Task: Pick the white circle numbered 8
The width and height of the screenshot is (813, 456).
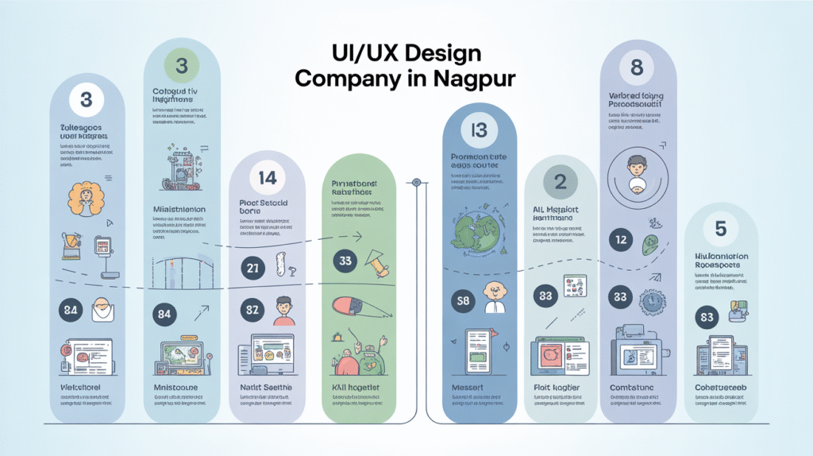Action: point(637,68)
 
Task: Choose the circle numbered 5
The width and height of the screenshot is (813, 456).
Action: point(720,229)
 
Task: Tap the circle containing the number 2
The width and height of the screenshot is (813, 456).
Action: point(560,182)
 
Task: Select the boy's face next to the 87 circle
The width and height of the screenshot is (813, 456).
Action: point(283,307)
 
